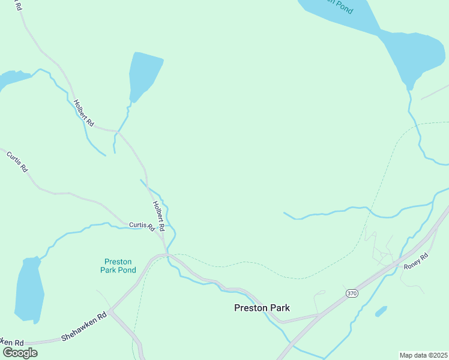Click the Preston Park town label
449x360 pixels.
click(262, 308)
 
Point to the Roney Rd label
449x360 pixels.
click(415, 262)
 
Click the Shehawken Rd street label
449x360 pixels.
click(83, 326)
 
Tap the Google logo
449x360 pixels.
click(20, 352)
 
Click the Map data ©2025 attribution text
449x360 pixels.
click(423, 355)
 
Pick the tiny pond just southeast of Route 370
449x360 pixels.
click(381, 311)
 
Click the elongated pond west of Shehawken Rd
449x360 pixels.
click(29, 290)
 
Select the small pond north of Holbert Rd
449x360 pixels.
click(144, 76)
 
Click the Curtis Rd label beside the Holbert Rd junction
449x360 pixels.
click(142, 226)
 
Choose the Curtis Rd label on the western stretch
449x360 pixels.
click(17, 162)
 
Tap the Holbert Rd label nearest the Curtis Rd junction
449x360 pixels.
click(158, 216)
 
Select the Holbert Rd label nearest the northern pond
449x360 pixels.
click(83, 112)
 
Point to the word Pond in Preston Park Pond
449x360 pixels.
click(127, 270)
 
